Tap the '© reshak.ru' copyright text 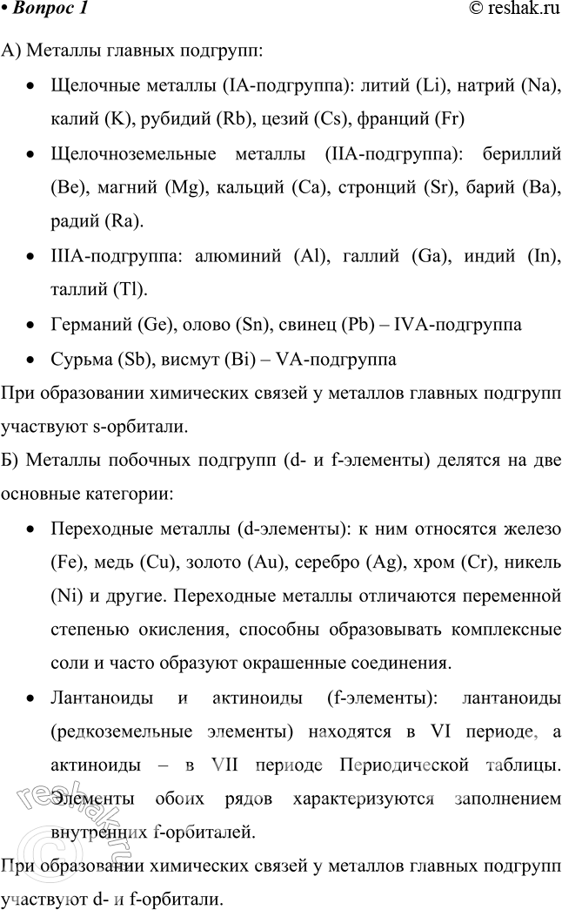point(512,10)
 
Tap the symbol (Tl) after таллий point(130,288)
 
